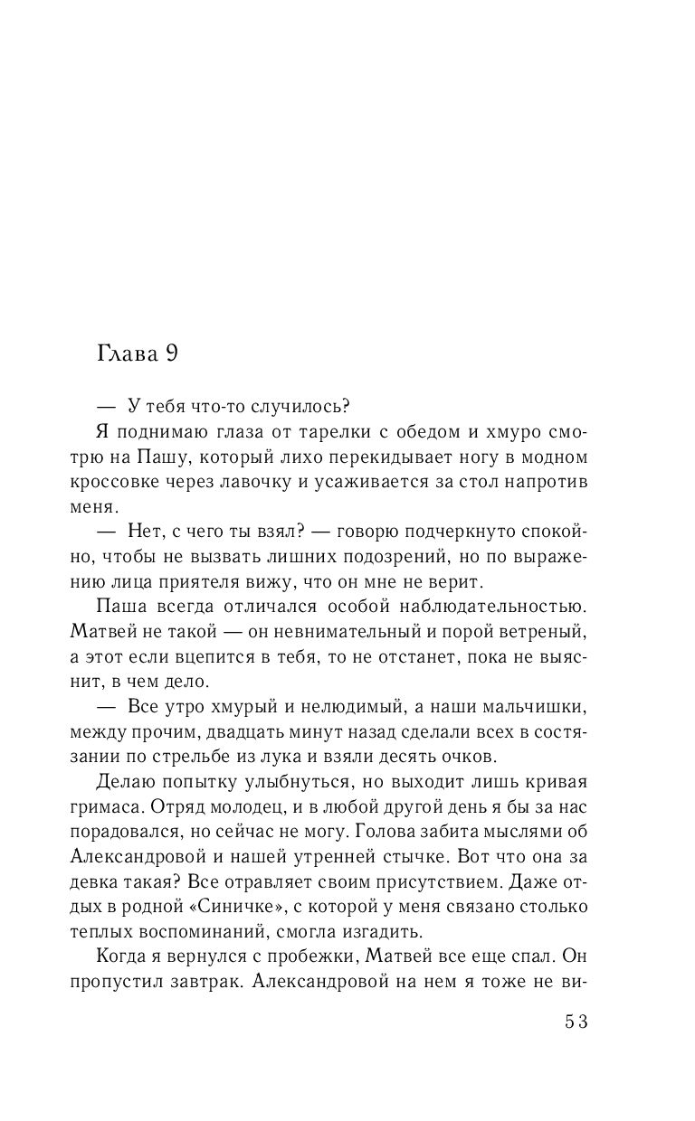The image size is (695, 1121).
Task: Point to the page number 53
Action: (576, 1021)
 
